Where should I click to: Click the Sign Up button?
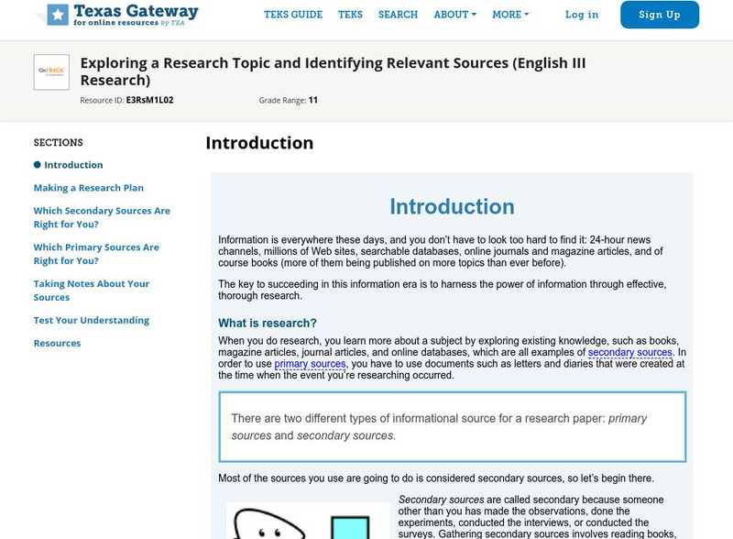659,15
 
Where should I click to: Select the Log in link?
582,15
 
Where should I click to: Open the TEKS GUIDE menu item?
293,15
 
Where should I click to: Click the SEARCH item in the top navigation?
398,15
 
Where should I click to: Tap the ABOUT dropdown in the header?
455,15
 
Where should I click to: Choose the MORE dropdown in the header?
511,15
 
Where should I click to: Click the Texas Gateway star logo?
58,14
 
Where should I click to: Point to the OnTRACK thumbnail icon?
51,72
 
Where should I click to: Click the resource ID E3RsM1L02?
149,99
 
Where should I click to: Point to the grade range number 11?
313,99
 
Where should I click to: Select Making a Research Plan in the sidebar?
89,188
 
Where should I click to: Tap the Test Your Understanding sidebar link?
92,321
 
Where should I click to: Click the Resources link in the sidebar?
57,343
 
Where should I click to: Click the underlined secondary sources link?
630,352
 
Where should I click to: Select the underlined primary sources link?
310,364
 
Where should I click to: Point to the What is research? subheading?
268,323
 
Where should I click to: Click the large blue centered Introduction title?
452,206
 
